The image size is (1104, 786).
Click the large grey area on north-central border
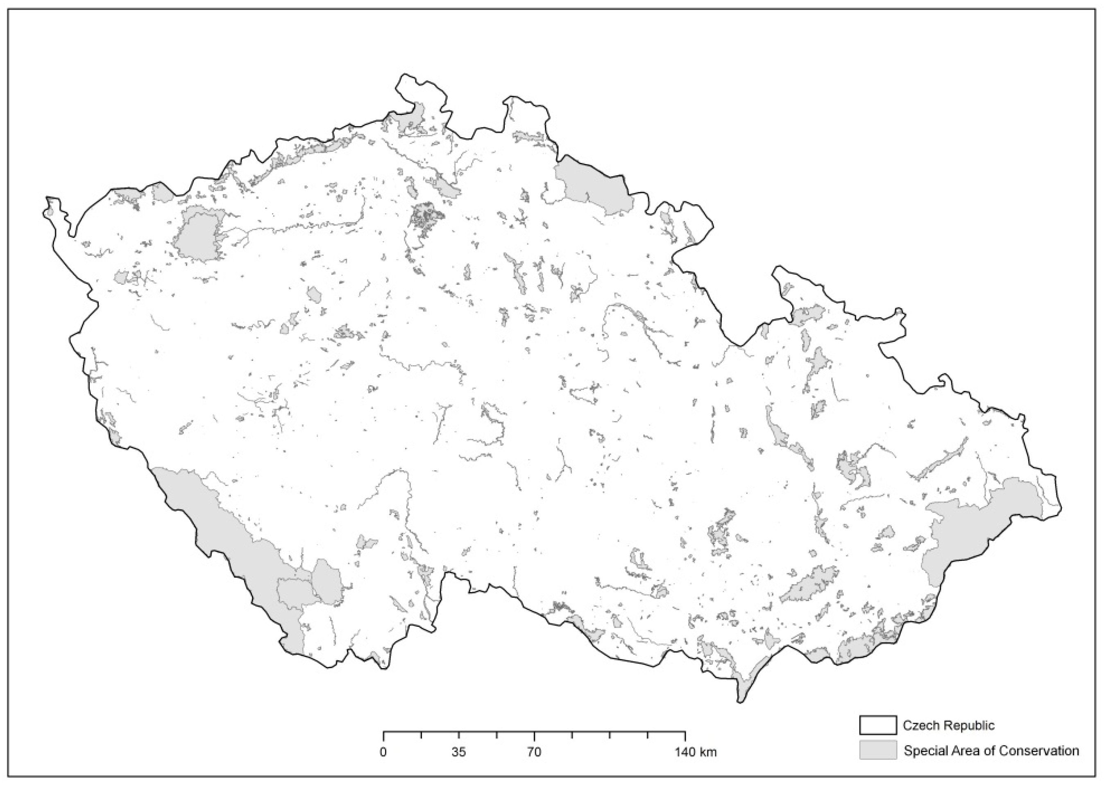(x=593, y=186)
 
